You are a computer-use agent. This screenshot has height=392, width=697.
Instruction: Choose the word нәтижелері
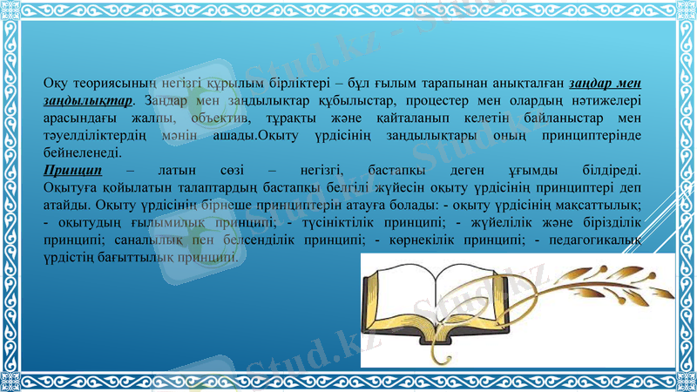(x=609, y=101)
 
